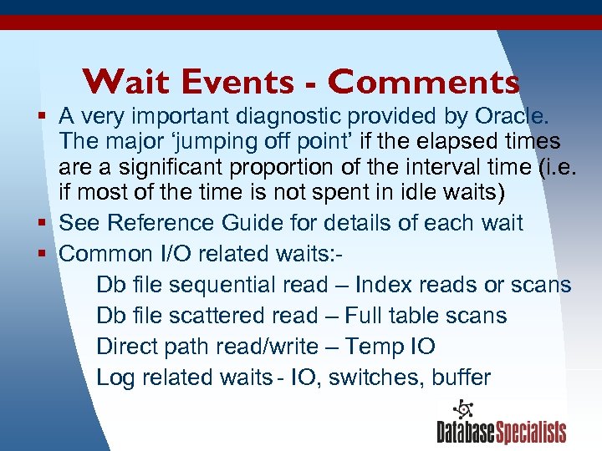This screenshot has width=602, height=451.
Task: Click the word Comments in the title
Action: pos(423,82)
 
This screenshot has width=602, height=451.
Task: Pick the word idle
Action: pos(425,194)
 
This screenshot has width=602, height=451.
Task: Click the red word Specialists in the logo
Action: pos(531,433)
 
